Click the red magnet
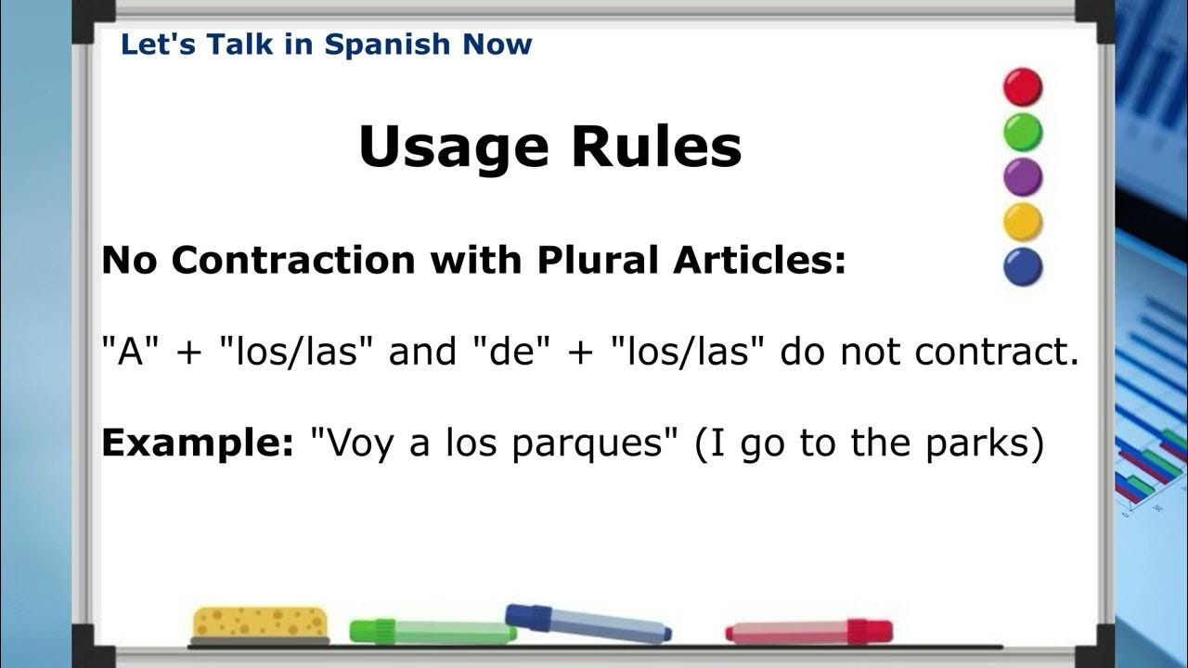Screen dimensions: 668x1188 click(x=1023, y=86)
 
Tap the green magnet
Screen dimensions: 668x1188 click(x=1023, y=132)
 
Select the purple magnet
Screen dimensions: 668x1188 click(x=1023, y=176)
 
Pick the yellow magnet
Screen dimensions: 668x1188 click(x=1023, y=222)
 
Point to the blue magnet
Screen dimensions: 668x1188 click(x=1023, y=267)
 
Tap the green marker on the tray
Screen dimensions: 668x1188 click(x=433, y=632)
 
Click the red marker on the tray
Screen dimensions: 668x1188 click(x=808, y=632)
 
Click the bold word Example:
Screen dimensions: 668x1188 click(x=197, y=443)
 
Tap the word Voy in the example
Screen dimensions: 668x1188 click(x=354, y=443)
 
